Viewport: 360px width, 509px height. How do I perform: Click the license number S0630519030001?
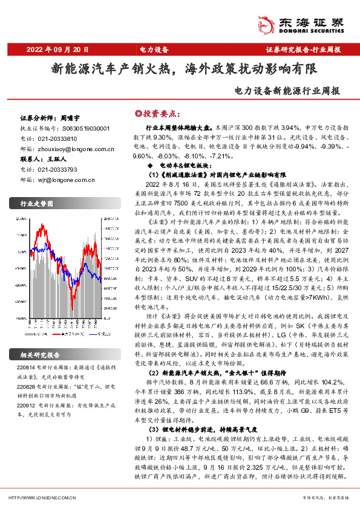(85, 129)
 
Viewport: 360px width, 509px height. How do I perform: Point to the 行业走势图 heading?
(38, 203)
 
